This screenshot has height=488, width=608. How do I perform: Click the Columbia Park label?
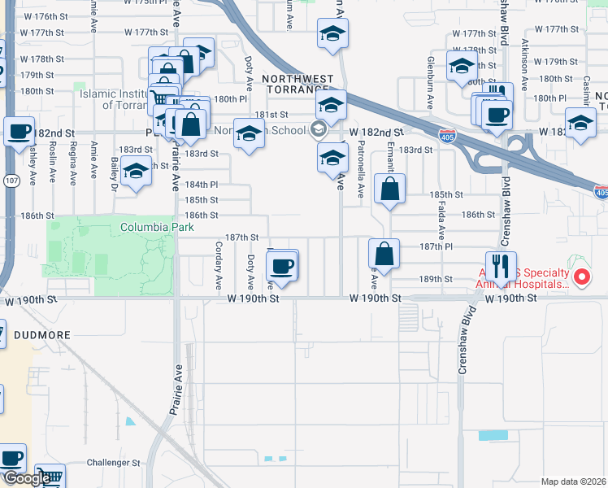[157, 228]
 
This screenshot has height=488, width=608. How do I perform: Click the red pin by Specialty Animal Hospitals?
[582, 278]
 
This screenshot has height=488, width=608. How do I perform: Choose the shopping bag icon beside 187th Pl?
[384, 253]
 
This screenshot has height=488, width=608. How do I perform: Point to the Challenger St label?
[114, 463]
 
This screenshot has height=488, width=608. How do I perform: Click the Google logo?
[26, 478]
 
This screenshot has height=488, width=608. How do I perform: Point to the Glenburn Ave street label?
[431, 82]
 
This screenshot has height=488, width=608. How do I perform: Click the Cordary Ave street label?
[219, 265]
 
